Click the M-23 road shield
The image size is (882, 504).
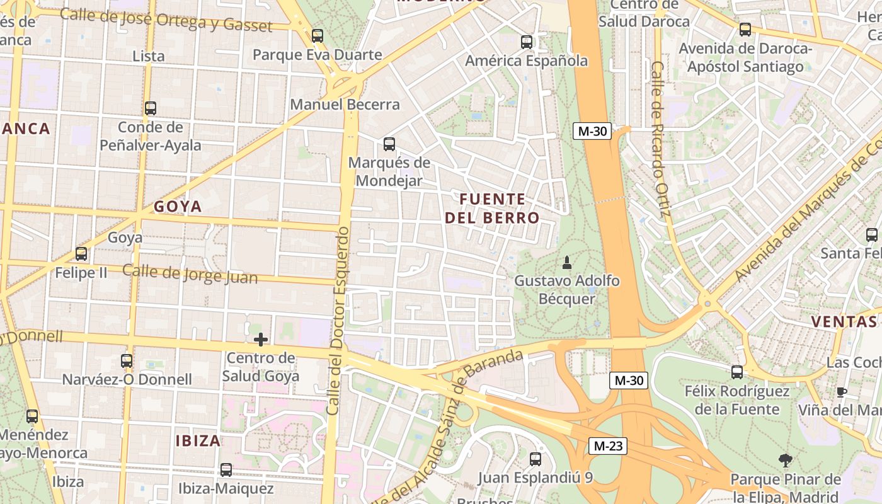tap(609, 446)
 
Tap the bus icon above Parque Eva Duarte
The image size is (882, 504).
tap(318, 36)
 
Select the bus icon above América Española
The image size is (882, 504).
tap(527, 42)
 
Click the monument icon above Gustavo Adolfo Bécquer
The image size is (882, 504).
tap(566, 262)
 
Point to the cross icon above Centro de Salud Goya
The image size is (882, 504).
tap(261, 340)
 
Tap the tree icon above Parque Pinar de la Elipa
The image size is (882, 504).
tap(785, 461)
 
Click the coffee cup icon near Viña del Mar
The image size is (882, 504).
tap(841, 392)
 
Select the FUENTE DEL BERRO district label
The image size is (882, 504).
tap(492, 209)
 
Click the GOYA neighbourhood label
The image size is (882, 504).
tap(178, 207)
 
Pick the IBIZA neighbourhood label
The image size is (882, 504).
tap(198, 440)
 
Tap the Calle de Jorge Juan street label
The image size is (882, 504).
tap(190, 274)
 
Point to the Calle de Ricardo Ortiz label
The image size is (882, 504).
tap(659, 139)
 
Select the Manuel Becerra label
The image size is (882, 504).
tap(345, 105)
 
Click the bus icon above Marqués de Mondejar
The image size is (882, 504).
tap(389, 144)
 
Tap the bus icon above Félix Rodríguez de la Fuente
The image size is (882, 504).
tap(737, 372)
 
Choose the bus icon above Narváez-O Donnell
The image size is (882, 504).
tap(127, 361)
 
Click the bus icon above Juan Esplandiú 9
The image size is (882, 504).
tap(535, 459)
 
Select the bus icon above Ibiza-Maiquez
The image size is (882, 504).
tap(226, 470)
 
